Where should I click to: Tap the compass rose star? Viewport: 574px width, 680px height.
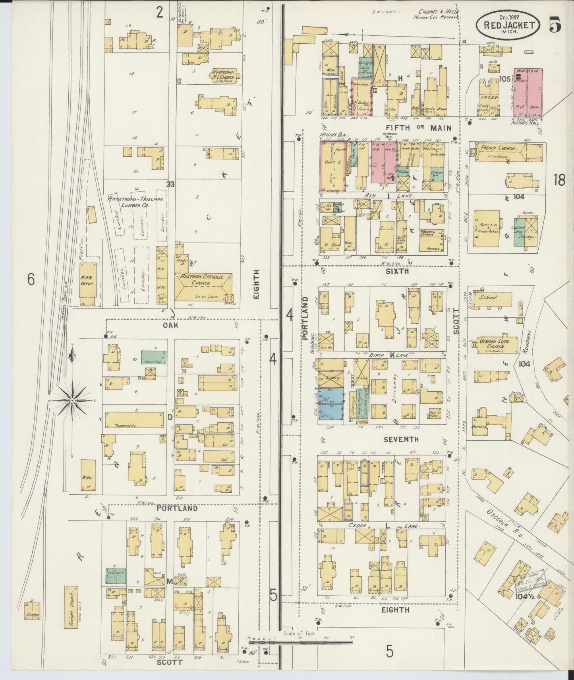(72, 402)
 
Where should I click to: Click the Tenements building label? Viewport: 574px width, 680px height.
(126, 425)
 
